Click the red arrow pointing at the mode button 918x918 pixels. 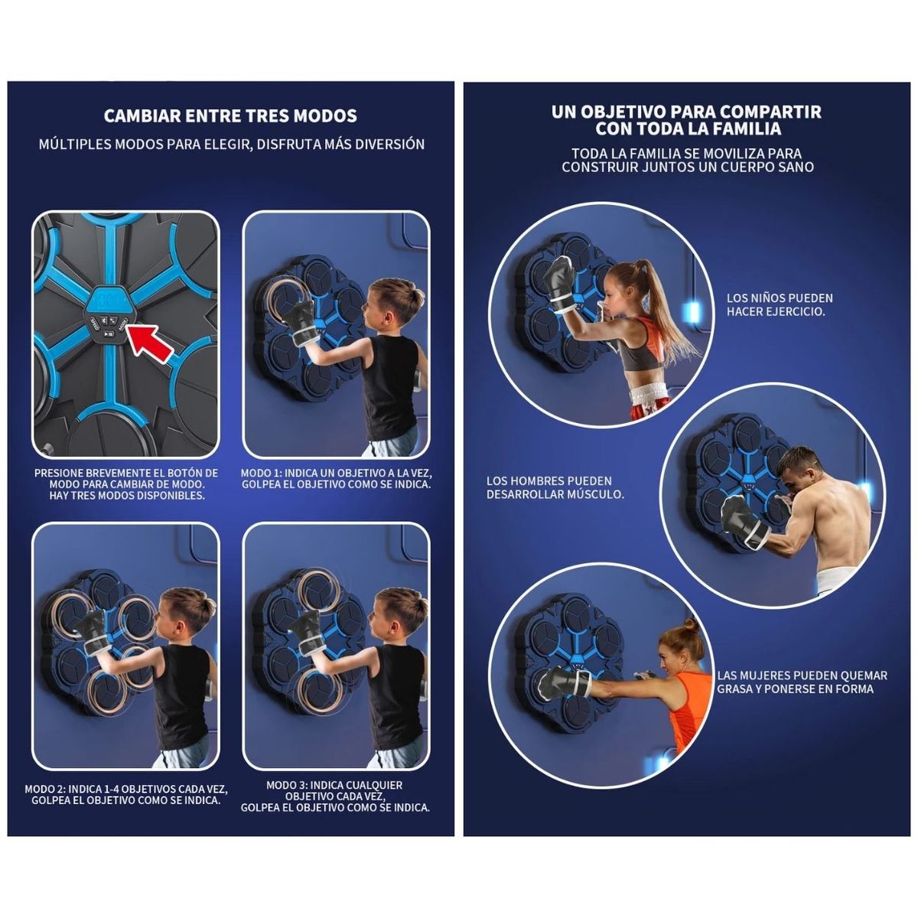pyautogui.click(x=151, y=342)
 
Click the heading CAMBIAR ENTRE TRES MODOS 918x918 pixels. pyautogui.click(x=230, y=116)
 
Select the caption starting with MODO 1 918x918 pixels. pyautogui.click(x=336, y=479)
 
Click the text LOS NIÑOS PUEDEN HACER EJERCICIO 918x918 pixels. pyautogui.click(x=780, y=305)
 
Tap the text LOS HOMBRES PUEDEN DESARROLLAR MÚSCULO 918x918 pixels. pyautogui.click(x=555, y=487)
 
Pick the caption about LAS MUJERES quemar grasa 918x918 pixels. pyautogui.click(x=802, y=682)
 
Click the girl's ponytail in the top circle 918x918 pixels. pyautogui.click(x=663, y=305)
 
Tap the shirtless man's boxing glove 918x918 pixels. pyautogui.click(x=743, y=522)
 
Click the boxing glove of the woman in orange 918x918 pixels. pyautogui.click(x=564, y=682)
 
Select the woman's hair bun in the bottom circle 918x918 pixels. pyautogui.click(x=690, y=626)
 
